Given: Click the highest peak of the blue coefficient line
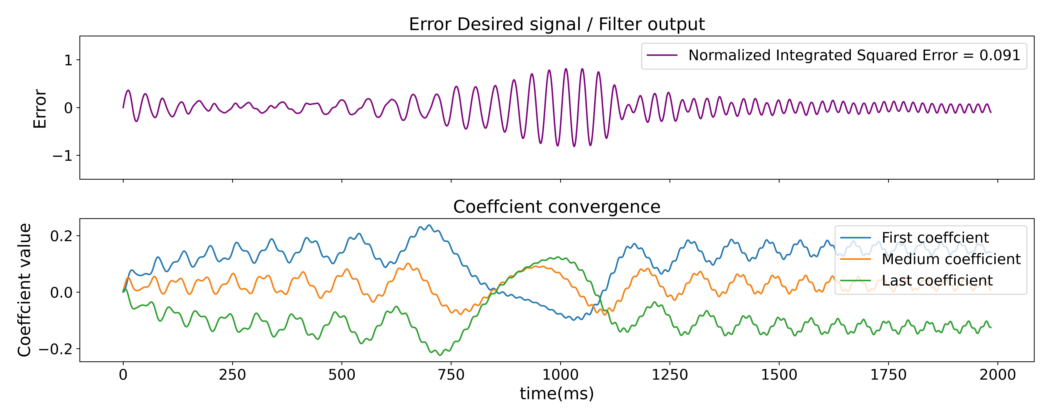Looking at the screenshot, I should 428,225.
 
